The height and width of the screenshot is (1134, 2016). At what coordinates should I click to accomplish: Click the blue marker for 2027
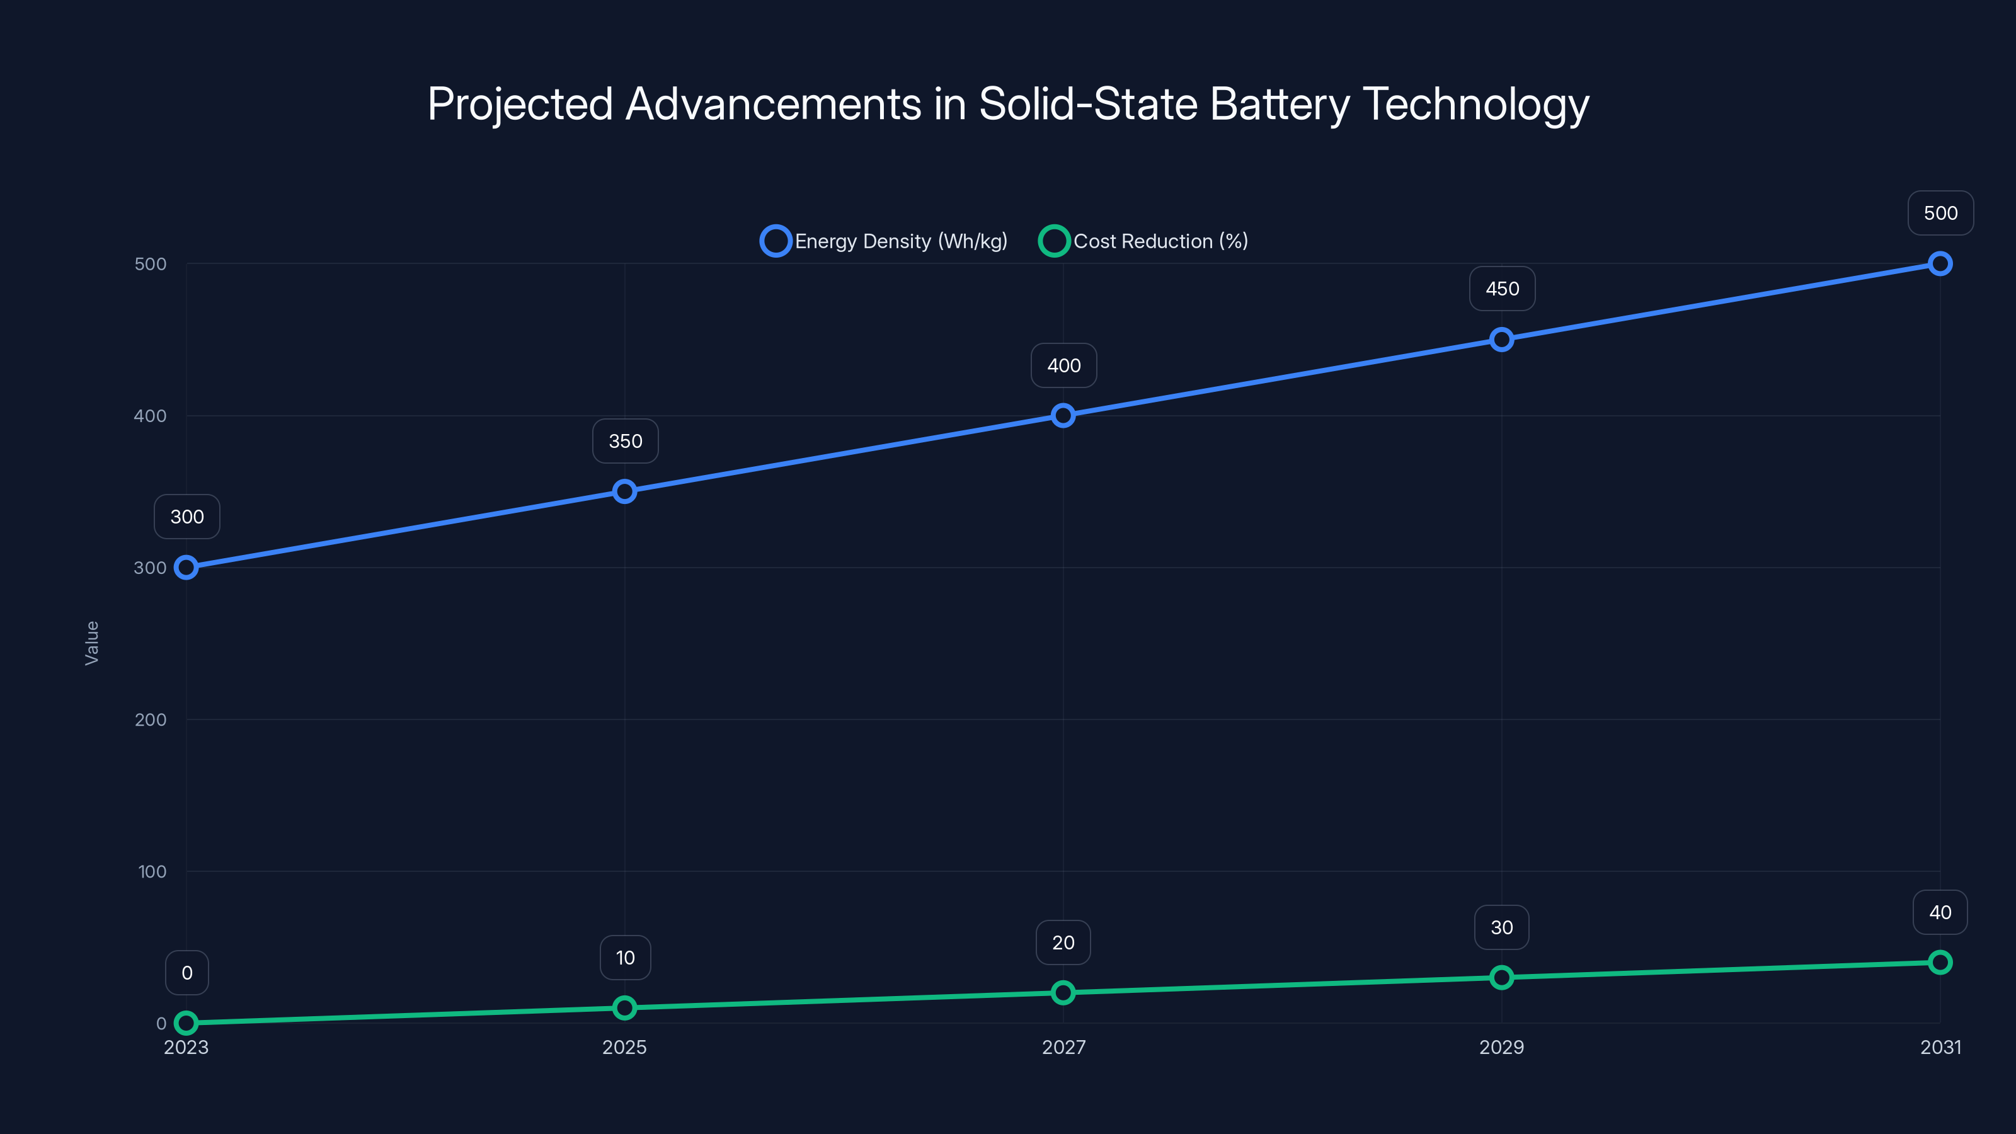[x=1063, y=416]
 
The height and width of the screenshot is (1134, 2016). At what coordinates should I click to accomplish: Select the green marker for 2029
[x=1501, y=978]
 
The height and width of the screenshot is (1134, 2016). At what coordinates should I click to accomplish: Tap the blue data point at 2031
[x=1939, y=264]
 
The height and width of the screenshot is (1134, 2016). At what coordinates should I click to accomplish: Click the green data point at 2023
[x=186, y=1023]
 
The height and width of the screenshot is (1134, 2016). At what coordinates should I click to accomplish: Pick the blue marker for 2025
[x=624, y=491]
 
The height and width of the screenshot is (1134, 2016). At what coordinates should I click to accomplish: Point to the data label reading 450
[x=1502, y=289]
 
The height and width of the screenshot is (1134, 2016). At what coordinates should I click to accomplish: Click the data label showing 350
[x=626, y=442]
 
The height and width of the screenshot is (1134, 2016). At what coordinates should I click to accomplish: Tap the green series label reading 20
[x=1063, y=943]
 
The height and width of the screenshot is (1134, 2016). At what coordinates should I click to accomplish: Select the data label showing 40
[x=1939, y=912]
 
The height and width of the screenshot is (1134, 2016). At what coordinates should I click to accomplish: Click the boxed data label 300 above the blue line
[x=187, y=517]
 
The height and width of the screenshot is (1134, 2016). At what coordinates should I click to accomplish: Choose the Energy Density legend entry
[x=885, y=241]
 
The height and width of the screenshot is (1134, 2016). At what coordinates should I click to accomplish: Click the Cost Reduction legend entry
[x=1143, y=241]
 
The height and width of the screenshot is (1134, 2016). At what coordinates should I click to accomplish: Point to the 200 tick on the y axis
[x=151, y=720]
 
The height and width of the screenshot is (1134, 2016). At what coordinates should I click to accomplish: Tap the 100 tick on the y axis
[x=152, y=872]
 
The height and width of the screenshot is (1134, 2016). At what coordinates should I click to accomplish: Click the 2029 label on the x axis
[x=1501, y=1047]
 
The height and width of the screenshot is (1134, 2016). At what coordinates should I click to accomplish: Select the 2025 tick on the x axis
[x=624, y=1047]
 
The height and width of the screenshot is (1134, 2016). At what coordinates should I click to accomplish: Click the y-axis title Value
[x=91, y=643]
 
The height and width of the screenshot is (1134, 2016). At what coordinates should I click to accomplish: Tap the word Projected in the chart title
[x=520, y=104]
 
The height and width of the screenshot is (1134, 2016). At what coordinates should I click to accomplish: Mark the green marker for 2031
[x=1939, y=963]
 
